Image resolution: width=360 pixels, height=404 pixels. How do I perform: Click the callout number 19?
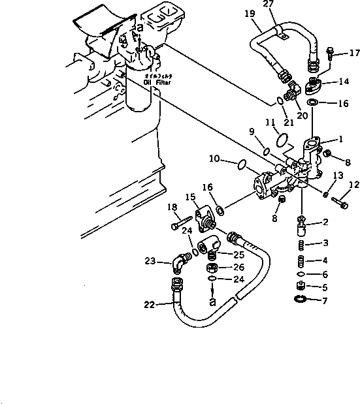(251, 13)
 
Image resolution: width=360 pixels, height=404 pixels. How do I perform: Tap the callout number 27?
(268, 5)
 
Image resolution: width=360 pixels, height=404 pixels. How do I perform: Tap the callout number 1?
(340, 139)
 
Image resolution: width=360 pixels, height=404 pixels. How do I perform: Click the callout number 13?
(337, 176)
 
